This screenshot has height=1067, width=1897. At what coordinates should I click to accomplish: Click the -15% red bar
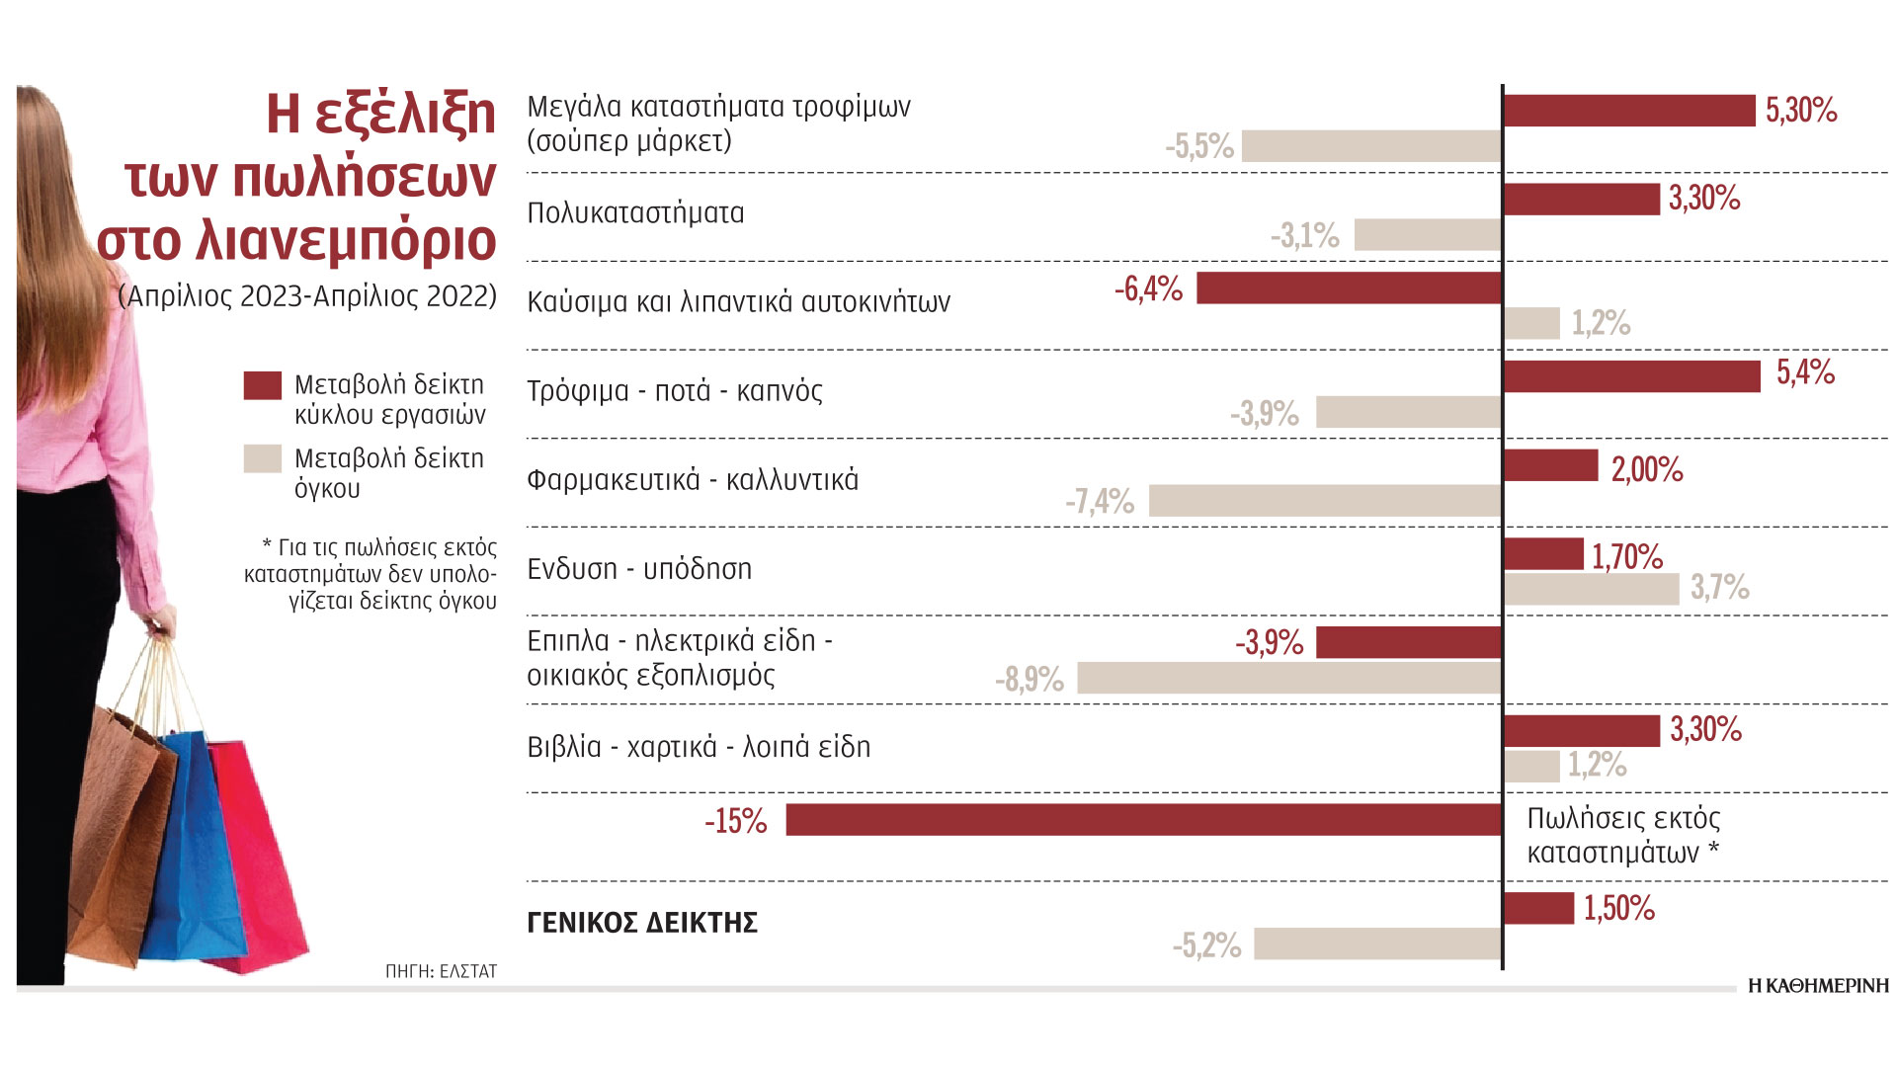point(1143,820)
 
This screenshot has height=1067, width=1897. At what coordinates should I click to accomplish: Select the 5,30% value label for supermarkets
point(1801,110)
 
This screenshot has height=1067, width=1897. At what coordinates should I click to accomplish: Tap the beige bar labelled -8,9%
point(1288,678)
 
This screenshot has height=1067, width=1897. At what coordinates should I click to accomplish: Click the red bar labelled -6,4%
point(1349,288)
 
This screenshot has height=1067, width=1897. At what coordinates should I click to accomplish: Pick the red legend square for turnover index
point(262,385)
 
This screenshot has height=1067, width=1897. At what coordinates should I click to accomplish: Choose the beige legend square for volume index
point(262,459)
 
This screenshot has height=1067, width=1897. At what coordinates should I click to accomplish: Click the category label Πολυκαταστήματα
point(635,213)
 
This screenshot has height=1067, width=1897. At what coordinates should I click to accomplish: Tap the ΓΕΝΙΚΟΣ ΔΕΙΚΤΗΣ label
point(642,923)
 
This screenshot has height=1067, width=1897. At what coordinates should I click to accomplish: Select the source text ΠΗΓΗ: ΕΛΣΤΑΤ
point(441,971)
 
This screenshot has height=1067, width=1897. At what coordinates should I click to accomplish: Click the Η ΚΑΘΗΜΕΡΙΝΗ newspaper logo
point(1818,986)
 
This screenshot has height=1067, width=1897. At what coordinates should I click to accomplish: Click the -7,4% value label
point(1100,502)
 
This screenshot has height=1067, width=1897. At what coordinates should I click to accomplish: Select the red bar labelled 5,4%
point(1631,376)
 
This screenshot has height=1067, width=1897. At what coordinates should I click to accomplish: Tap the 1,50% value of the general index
point(1619,909)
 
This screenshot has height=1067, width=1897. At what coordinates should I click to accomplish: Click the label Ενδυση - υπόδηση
point(639,569)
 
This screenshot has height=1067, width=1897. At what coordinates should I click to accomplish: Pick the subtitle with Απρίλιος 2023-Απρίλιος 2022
point(307,296)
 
